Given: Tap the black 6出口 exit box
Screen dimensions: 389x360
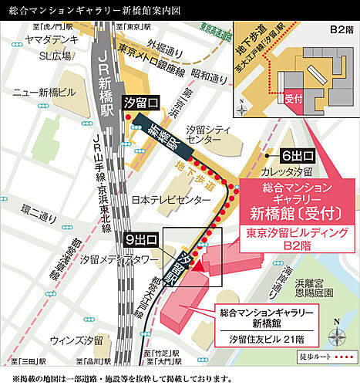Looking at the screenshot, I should click(x=296, y=154).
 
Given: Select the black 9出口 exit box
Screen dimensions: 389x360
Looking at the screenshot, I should click(x=141, y=238).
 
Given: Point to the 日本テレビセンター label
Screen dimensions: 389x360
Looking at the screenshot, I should click(x=170, y=199).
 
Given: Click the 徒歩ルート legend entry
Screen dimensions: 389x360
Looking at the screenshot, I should click(x=334, y=358).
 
